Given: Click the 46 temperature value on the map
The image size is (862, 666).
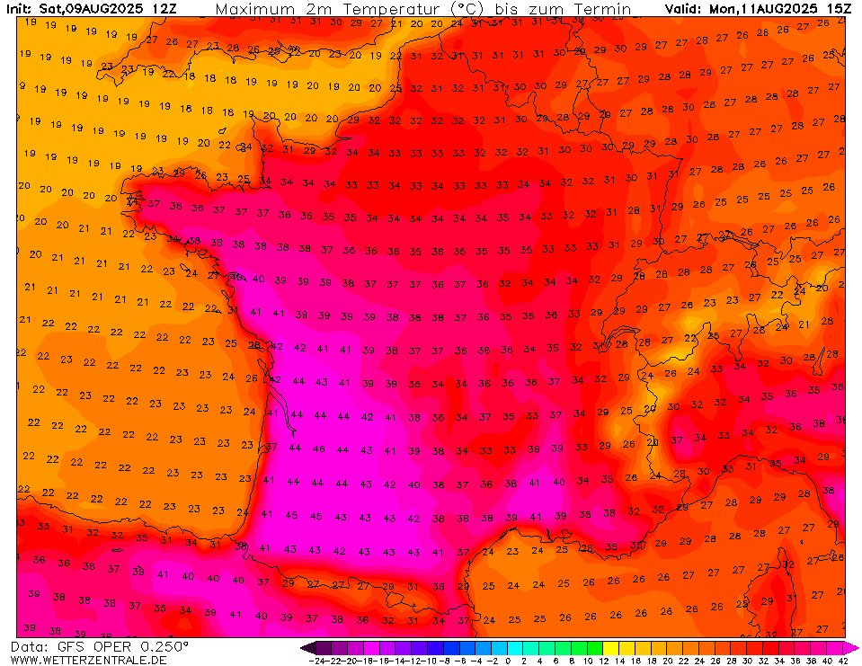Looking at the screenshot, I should pos(318,448).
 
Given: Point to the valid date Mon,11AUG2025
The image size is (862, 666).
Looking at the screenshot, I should pos(760,9).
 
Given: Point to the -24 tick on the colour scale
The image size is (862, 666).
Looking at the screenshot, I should pos(317,660).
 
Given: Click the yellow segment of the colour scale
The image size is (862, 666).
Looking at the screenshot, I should pos(610,647).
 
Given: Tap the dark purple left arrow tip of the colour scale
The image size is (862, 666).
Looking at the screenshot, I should pos(307,647).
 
